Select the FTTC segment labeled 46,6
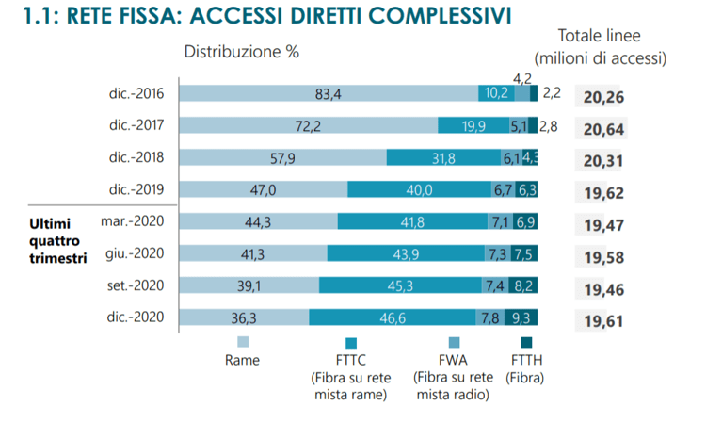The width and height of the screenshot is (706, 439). point(394,318)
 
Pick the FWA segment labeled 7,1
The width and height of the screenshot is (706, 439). point(498,221)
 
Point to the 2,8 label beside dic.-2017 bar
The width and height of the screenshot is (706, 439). point(550,125)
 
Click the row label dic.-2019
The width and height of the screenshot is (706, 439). point(136,189)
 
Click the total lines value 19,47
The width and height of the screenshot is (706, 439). point(603,226)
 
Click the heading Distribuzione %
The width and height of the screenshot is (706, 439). point(241,52)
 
